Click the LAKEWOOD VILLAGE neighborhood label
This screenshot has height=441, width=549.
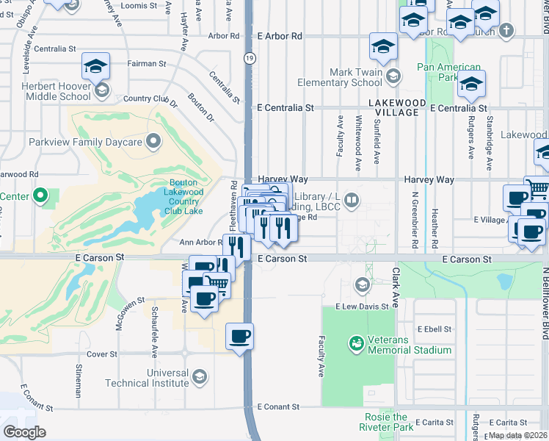tap(397, 107)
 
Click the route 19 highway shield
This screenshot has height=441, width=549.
tap(250, 57)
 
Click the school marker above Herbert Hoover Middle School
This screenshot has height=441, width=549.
tap(95, 67)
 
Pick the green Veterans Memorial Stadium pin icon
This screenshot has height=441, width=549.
tap(356, 343)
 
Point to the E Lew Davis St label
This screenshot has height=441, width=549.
tap(361, 306)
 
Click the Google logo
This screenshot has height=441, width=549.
tap(24, 432)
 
